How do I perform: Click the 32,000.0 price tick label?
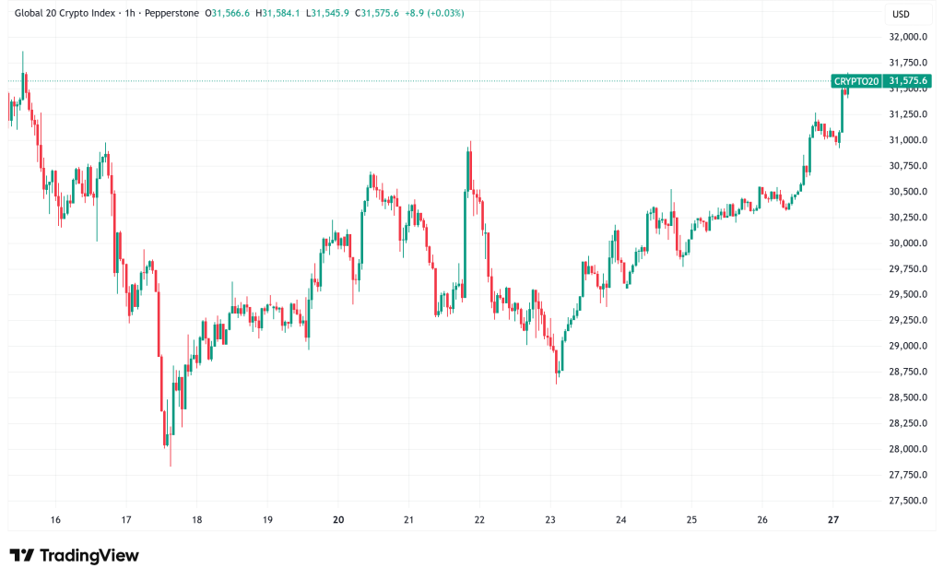click(x=907, y=37)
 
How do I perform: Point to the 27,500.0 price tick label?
click(x=907, y=501)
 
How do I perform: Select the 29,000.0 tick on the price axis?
click(x=907, y=346)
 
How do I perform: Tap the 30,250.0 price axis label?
click(x=907, y=218)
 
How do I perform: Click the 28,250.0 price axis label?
click(x=907, y=423)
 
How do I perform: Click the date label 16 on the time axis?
click(x=55, y=520)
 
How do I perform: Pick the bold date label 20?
click(x=338, y=520)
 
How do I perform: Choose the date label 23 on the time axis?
click(x=550, y=520)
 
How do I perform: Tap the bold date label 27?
click(x=832, y=520)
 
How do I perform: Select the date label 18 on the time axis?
click(x=196, y=520)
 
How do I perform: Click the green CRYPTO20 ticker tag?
click(x=856, y=81)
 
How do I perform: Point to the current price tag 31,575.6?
click(x=907, y=81)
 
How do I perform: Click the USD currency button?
click(x=900, y=14)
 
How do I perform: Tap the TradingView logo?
click(x=75, y=555)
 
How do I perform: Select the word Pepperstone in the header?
click(x=171, y=14)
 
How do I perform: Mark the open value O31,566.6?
click(x=227, y=14)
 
